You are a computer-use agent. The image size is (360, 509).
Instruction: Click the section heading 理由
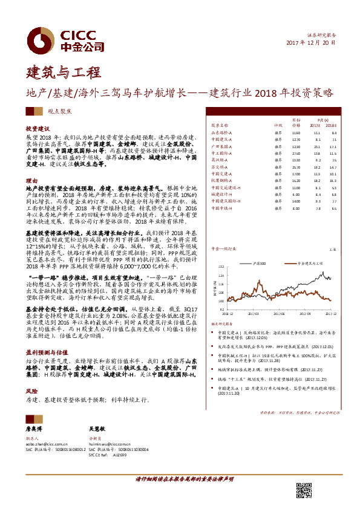coord(30,181)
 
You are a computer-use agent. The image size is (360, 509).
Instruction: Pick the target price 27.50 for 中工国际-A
coord(296,154)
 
